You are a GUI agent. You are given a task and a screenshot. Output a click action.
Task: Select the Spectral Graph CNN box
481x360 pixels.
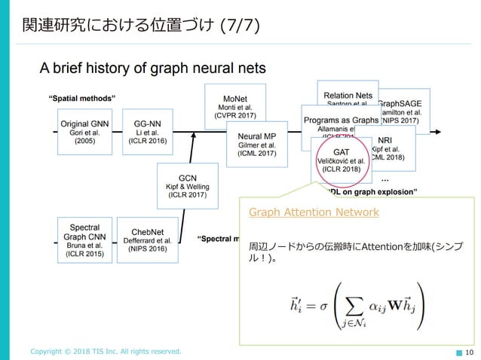(84, 238)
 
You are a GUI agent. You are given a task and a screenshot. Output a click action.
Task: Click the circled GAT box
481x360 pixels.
(341, 160)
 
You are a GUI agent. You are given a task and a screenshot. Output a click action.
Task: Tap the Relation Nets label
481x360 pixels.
(348, 96)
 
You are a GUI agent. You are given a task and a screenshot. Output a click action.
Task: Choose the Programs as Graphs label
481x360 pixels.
(341, 121)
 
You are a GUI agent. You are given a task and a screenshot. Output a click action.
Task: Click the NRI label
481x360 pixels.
(384, 140)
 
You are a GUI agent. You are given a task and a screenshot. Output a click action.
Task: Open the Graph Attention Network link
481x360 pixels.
(314, 212)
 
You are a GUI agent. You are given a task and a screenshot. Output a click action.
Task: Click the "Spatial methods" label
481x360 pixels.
(81, 98)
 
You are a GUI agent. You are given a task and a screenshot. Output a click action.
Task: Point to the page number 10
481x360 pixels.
(469, 351)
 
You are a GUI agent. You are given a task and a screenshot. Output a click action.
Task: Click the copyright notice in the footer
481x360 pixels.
(106, 351)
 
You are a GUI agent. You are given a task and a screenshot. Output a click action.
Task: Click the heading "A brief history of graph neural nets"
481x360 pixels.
(152, 69)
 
